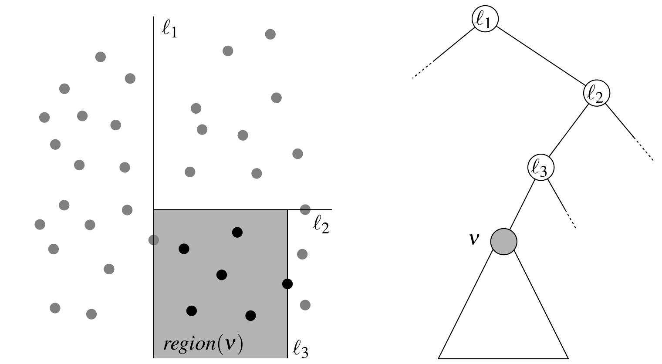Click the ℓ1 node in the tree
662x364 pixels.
(484, 20)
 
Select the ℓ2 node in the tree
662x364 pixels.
(596, 93)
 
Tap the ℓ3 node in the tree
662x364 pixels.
(540, 167)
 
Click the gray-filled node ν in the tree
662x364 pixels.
(503, 241)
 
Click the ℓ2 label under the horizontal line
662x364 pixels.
(321, 226)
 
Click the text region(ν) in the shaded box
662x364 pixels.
(203, 344)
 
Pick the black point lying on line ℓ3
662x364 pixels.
(287, 284)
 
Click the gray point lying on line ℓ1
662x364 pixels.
(153, 239)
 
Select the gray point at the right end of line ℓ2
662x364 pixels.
(305, 209)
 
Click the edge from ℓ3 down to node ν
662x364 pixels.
(522, 205)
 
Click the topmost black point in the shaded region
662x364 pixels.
(237, 233)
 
